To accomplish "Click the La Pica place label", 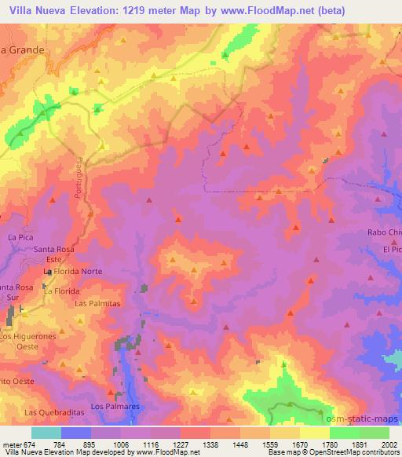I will [17, 236].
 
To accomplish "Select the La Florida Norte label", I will [73, 272].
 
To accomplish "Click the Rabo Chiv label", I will [385, 232].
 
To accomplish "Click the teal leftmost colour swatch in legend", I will [47, 433].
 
